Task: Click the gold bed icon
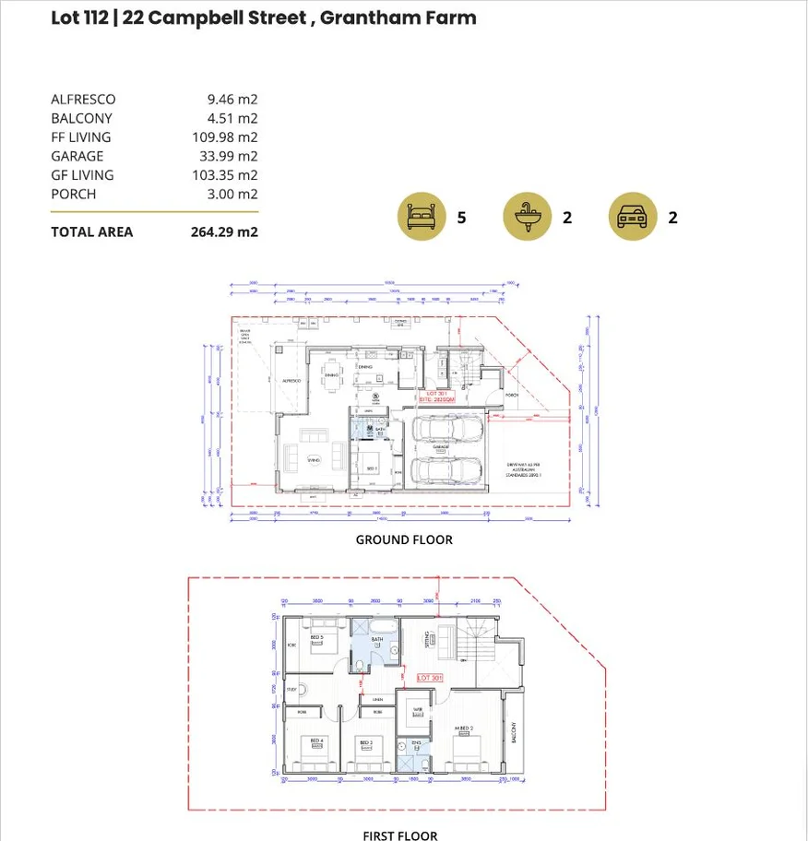[422, 217]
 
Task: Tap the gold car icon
[633, 217]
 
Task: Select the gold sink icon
[527, 217]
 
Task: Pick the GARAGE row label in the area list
[77, 156]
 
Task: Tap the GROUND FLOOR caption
[404, 539]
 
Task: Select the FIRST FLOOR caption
[399, 835]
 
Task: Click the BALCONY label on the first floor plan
[514, 733]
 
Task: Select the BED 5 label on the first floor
[316, 637]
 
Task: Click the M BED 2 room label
[463, 728]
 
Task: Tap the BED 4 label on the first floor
[316, 741]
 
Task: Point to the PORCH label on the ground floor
[512, 395]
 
